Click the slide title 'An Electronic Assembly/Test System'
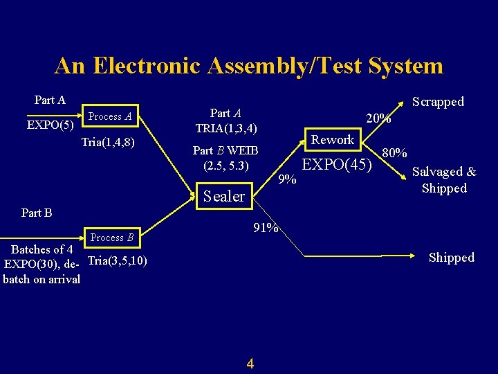[248, 66]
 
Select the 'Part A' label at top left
[50, 100]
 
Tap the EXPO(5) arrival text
[50, 125]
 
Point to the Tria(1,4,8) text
[107, 143]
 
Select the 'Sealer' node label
[223, 196]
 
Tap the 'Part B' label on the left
[37, 213]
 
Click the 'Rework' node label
[332, 140]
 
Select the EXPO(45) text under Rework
[338, 165]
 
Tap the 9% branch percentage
[286, 179]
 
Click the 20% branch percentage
[378, 118]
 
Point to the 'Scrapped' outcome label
[438, 102]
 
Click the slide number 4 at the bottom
[250, 363]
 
